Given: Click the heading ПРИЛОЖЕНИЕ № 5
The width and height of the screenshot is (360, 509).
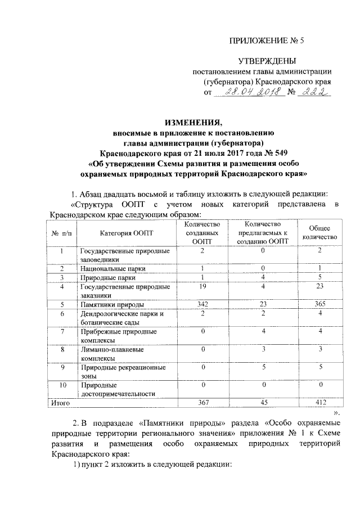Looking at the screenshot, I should [268, 40].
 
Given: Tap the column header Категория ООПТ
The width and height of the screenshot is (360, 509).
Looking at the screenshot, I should [126, 232].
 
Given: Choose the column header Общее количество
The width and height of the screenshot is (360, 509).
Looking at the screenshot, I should [319, 232].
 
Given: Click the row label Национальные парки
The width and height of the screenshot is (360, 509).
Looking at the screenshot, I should [113, 269].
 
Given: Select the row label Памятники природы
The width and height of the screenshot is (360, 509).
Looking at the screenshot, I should [111, 304].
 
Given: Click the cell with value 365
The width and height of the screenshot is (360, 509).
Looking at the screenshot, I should [319, 304].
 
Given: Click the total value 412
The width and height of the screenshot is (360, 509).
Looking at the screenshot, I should [319, 403].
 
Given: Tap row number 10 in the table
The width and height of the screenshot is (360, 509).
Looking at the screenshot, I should [63, 385].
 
